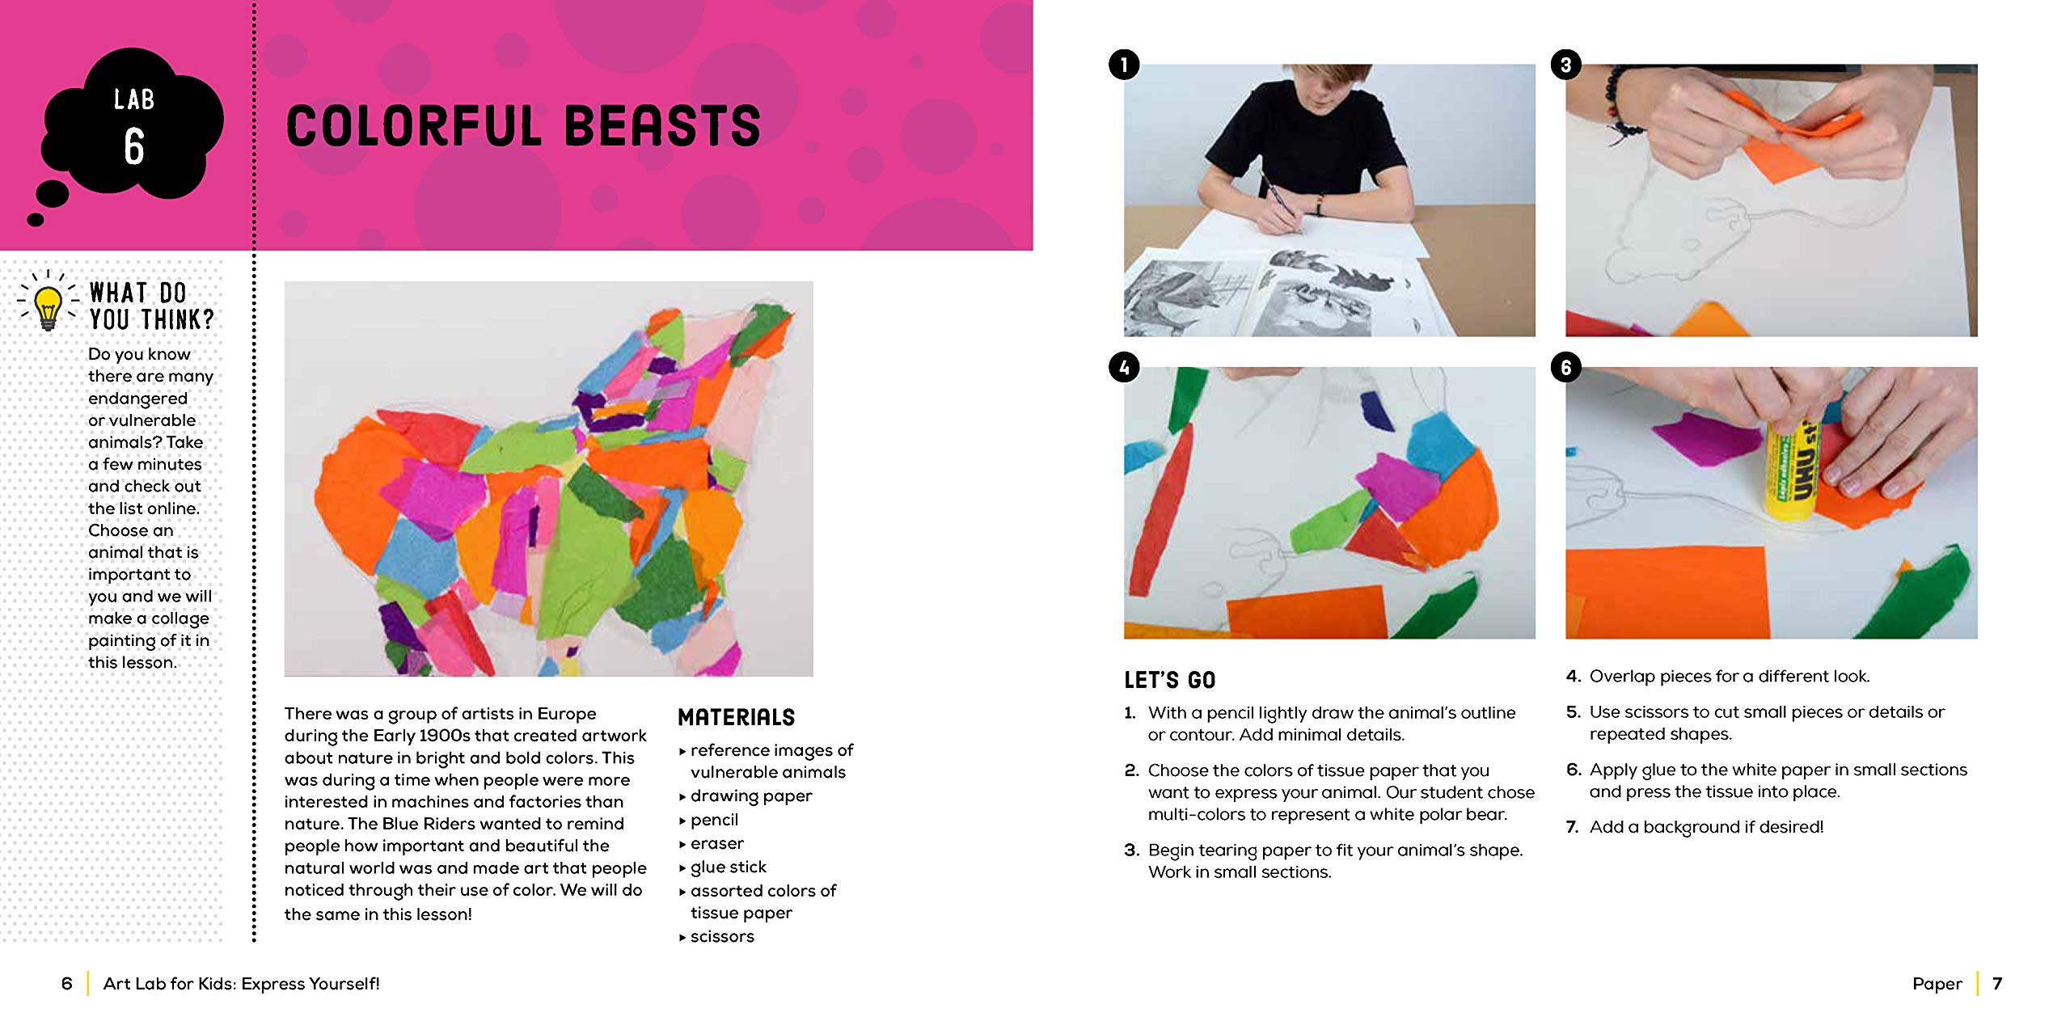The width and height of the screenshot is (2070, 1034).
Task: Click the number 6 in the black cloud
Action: (134, 146)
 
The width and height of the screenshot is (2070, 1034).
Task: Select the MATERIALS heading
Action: (736, 717)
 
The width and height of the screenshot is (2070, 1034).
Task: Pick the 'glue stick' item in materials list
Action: (728, 867)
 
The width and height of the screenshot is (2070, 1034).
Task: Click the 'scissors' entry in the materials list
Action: (721, 937)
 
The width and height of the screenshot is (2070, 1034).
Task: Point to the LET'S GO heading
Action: (1169, 680)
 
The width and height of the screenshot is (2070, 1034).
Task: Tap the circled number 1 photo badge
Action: (1124, 65)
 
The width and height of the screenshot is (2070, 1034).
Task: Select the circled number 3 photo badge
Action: (1565, 65)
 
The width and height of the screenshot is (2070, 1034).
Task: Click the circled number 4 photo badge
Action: (1124, 368)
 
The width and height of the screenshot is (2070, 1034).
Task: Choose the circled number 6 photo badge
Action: (1565, 368)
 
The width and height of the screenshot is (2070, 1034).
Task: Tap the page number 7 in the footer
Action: (1997, 984)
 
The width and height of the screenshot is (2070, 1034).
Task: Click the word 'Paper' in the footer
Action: (1937, 984)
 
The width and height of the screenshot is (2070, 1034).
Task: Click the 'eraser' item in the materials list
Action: (716, 844)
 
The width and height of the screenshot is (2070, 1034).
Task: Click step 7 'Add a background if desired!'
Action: (1706, 827)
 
